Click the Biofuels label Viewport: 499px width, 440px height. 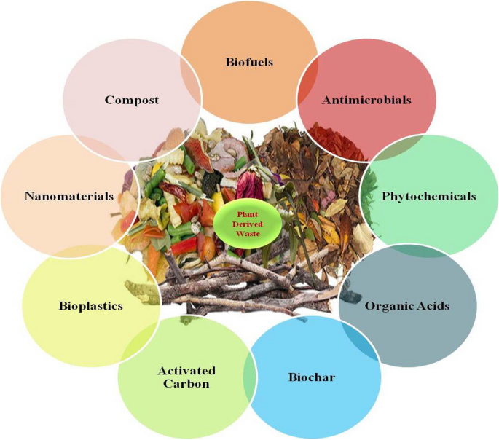click(x=249, y=62)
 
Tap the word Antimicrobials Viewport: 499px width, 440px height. click(x=366, y=100)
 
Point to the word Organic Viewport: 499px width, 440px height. click(x=391, y=306)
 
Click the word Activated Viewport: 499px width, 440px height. click(x=186, y=371)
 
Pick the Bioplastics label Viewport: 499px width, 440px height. click(x=90, y=306)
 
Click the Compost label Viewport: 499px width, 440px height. click(x=131, y=100)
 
